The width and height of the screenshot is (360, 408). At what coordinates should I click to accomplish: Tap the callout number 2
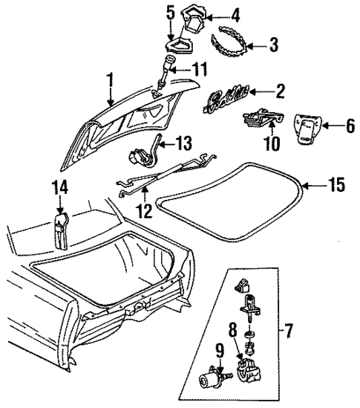click(280, 92)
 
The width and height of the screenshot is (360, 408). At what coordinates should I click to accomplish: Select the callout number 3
click(273, 46)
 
